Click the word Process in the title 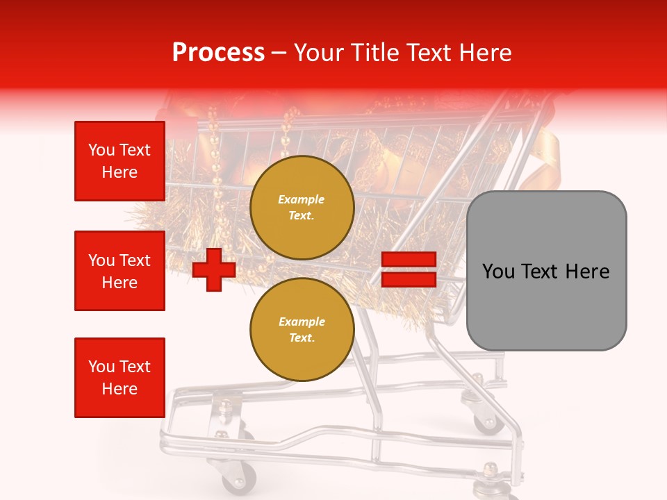click(x=218, y=53)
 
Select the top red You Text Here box click(x=120, y=161)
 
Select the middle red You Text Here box click(x=120, y=271)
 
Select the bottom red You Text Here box click(x=120, y=378)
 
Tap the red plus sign click(x=214, y=269)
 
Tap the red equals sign click(x=409, y=269)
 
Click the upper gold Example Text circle click(x=302, y=208)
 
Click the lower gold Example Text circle click(x=302, y=330)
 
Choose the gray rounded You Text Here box click(x=546, y=271)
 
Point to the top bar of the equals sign click(x=409, y=260)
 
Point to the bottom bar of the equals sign click(x=409, y=279)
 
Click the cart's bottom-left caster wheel click(x=238, y=479)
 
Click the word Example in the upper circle click(x=302, y=199)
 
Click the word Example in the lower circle click(x=302, y=322)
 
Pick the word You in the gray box click(x=497, y=272)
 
